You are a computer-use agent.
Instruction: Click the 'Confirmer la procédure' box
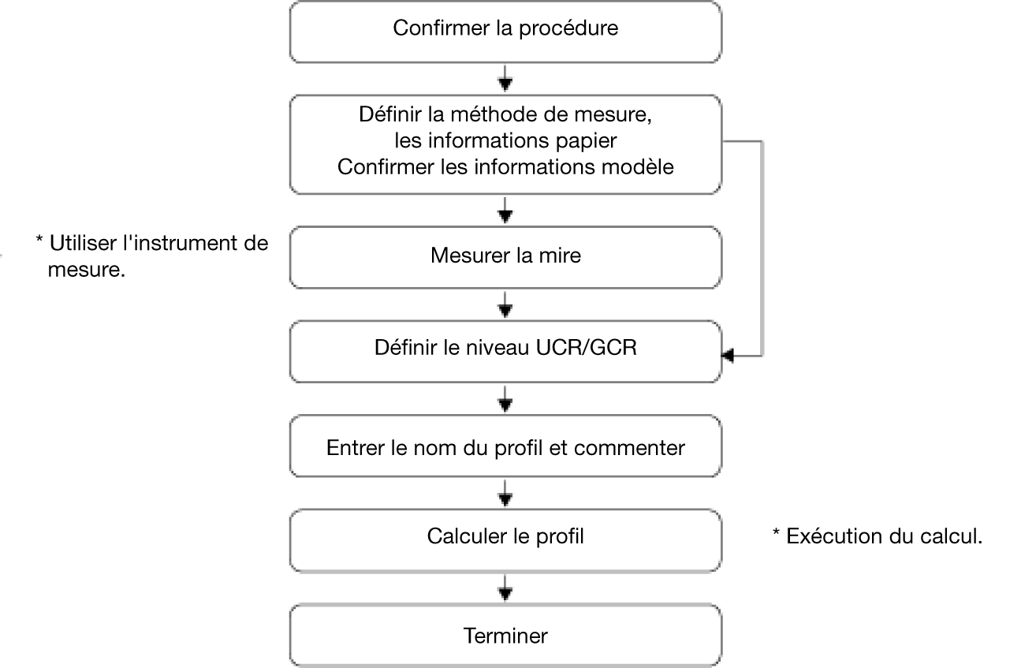(x=505, y=32)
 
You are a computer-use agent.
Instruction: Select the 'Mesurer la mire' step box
(x=505, y=257)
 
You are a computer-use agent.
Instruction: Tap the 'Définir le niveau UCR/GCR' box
(x=505, y=352)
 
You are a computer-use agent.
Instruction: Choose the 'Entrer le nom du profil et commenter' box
(x=505, y=446)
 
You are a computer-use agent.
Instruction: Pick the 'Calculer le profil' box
(x=505, y=541)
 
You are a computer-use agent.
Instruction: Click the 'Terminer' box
(x=505, y=635)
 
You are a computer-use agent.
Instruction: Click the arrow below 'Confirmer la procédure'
(x=505, y=78)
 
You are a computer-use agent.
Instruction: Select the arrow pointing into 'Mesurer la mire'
(x=505, y=211)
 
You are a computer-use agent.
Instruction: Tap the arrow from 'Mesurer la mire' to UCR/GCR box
(x=505, y=305)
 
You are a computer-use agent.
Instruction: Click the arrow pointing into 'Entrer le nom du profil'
(x=505, y=399)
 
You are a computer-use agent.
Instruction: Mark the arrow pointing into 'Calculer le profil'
(x=505, y=494)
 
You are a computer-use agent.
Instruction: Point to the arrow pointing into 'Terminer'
(x=505, y=588)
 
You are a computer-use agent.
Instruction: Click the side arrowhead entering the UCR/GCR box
(x=728, y=356)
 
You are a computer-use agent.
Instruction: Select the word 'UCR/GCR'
(x=587, y=348)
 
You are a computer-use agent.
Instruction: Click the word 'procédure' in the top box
(x=568, y=28)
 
